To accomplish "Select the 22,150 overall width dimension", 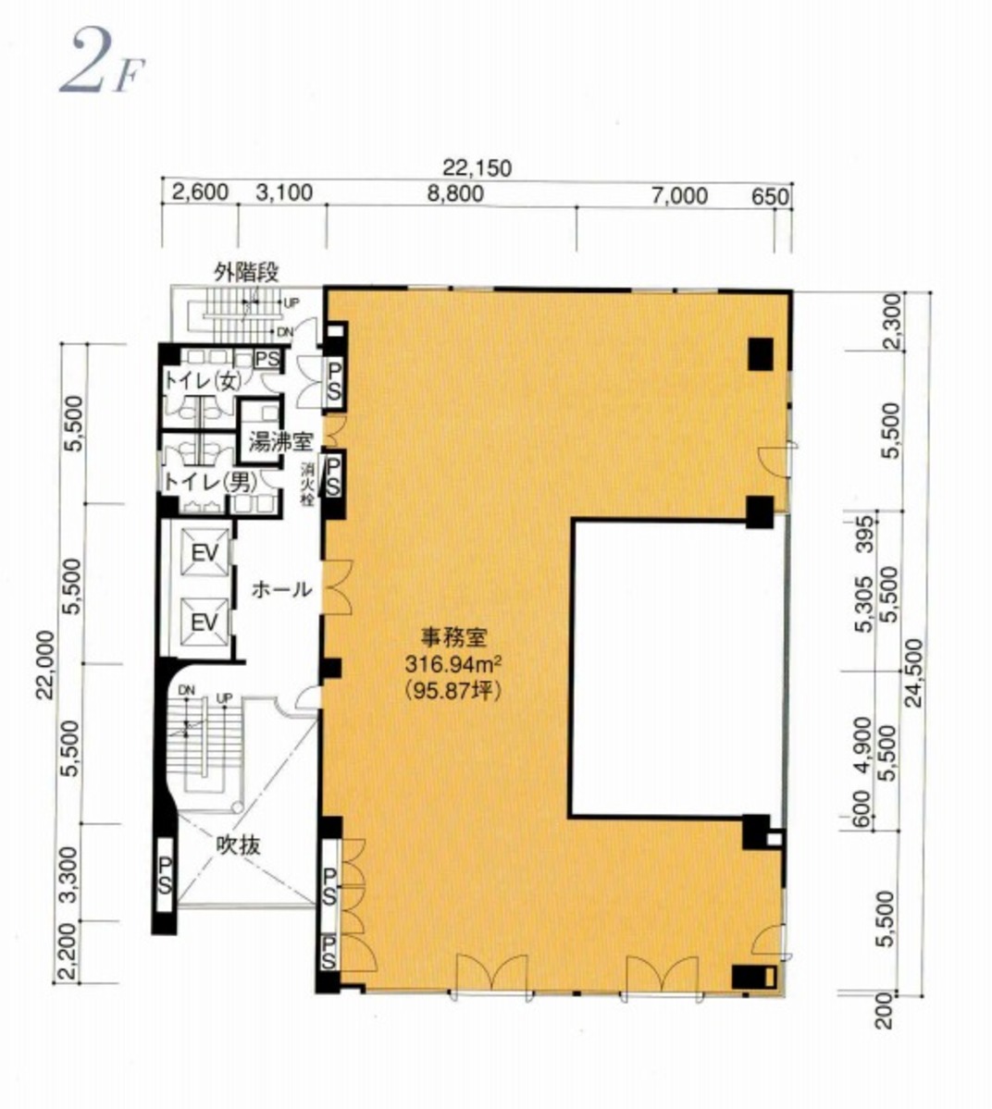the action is (477, 168).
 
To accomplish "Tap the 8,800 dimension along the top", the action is (455, 193).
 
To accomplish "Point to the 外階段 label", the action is (247, 272).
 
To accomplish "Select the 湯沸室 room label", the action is (281, 443).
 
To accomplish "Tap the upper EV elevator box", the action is (204, 552).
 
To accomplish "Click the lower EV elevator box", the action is (204, 622).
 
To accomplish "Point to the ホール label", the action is (281, 589).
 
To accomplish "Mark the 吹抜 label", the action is (239, 845).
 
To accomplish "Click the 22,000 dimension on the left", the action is (45, 664).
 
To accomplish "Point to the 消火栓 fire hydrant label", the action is (308, 485).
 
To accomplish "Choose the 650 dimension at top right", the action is (770, 197).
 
